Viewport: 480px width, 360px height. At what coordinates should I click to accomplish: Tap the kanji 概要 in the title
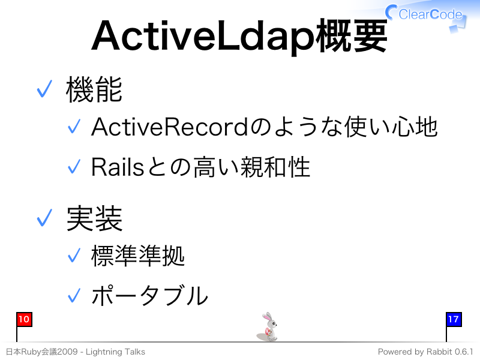[x=352, y=36]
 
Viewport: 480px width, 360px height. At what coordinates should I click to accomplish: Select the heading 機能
[x=94, y=89]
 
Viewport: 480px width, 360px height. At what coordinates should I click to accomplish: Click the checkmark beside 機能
[x=44, y=89]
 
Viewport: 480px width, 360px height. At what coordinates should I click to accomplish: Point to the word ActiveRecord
[x=170, y=127]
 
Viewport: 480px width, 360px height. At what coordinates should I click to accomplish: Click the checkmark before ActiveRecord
[x=74, y=126]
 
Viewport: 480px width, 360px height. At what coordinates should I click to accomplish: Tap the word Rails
[x=118, y=167]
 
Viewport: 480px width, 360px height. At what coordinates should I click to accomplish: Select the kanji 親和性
[x=275, y=167]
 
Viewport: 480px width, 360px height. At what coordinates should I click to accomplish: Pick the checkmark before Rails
[x=74, y=167]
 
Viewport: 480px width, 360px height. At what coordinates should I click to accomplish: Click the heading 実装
[x=94, y=218]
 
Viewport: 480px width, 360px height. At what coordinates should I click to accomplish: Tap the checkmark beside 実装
[x=44, y=218]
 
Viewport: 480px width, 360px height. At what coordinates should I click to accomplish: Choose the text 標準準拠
[x=138, y=256]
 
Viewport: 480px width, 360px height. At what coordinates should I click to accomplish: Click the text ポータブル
[x=149, y=295]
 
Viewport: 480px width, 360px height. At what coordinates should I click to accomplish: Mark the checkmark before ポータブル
[x=74, y=295]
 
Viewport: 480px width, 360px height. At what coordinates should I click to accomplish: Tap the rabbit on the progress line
[x=268, y=327]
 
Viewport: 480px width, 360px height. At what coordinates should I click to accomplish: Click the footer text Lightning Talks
[x=115, y=352]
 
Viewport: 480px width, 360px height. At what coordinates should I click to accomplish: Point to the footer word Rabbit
[x=439, y=352]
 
